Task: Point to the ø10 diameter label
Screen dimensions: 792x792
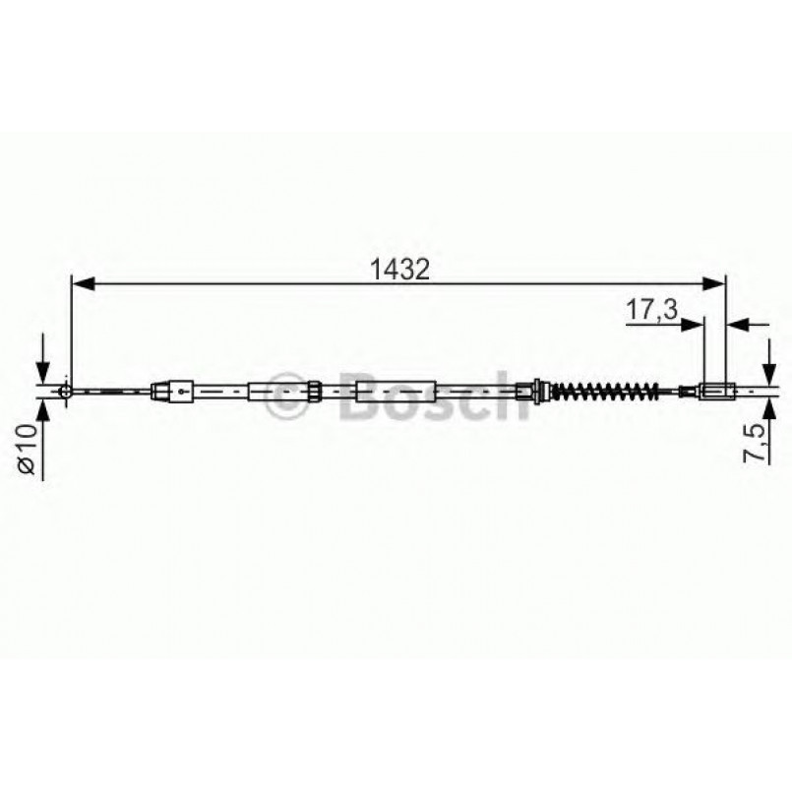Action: point(27,450)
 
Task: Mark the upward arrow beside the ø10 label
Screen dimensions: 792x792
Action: point(41,413)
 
